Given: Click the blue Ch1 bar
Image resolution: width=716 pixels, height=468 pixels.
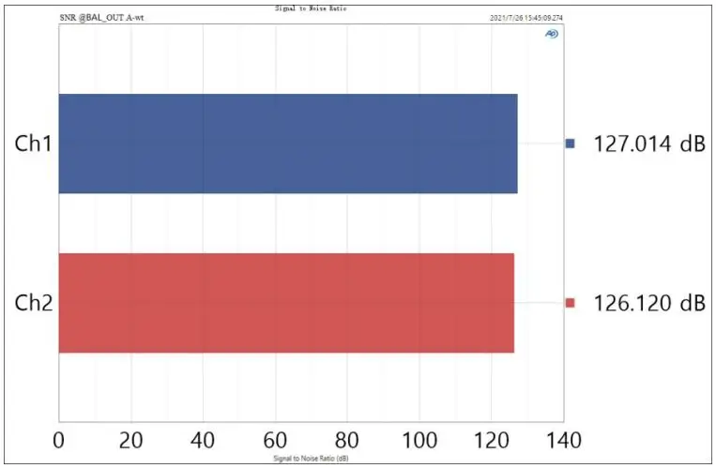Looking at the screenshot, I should [288, 143].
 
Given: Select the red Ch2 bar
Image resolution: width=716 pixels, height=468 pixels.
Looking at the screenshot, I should [286, 303].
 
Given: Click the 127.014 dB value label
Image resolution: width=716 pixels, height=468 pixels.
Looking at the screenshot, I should [648, 143].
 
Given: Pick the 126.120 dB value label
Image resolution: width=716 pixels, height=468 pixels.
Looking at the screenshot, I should [648, 303].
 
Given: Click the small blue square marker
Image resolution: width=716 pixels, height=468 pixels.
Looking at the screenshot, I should [570, 143].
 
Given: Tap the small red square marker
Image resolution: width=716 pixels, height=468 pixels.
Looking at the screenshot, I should [570, 303].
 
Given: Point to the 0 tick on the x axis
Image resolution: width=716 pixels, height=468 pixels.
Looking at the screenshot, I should [59, 439].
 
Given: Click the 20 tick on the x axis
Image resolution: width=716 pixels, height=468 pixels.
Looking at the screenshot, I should [131, 439].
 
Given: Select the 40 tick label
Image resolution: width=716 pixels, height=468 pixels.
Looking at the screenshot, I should [204, 439].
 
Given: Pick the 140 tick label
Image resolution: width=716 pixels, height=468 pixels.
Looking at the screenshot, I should [563, 439].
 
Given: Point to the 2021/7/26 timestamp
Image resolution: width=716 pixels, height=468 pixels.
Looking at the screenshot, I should [526, 18].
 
